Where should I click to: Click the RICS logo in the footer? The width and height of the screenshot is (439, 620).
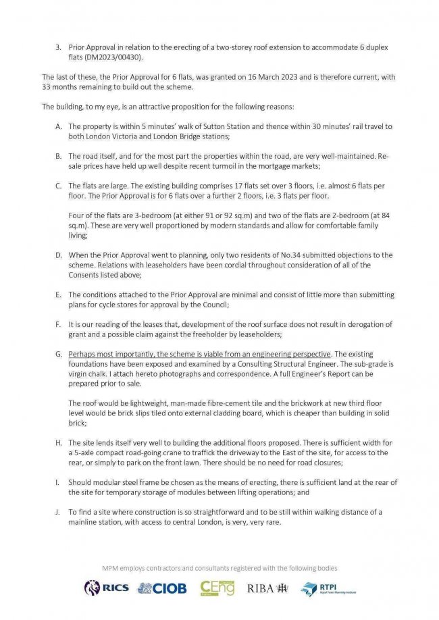click(x=106, y=588)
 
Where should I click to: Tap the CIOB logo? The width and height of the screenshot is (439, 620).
click(x=161, y=588)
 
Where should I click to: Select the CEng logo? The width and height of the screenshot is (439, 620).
click(x=217, y=588)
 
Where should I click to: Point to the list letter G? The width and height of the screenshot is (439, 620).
click(x=59, y=354)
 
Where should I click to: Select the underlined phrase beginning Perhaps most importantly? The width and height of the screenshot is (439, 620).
click(x=200, y=354)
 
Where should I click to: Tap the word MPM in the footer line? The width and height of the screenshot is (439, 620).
click(x=111, y=568)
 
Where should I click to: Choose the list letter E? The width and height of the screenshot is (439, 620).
click(x=59, y=294)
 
